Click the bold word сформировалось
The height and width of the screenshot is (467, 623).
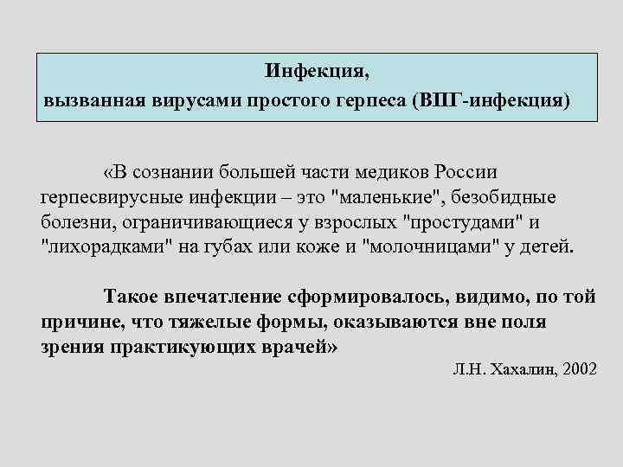pyautogui.click(x=378, y=297)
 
